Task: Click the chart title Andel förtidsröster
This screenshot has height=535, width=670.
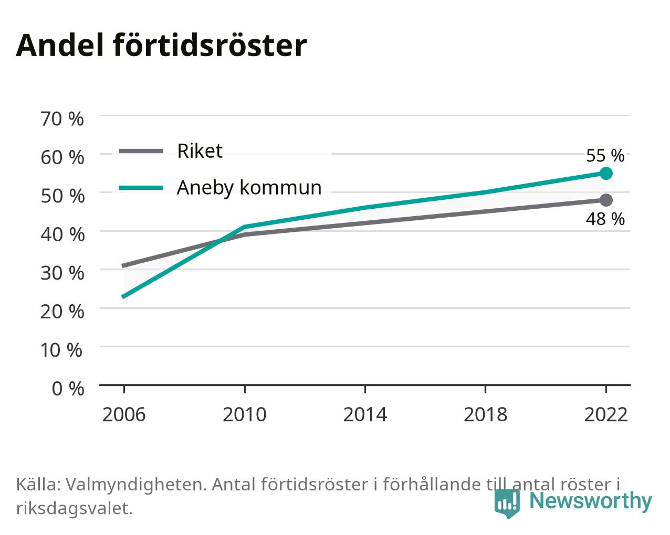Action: coord(161,46)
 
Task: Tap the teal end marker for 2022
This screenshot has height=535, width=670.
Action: coord(606,173)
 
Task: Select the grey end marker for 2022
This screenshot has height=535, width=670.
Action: coord(606,200)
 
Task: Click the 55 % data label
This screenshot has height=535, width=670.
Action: coord(605,156)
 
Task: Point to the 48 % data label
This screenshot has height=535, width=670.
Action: coord(605,219)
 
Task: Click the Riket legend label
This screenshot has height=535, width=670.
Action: coord(200,151)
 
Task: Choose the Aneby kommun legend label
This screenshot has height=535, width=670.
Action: coord(249,188)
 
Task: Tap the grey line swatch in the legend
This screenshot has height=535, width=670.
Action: coord(141,152)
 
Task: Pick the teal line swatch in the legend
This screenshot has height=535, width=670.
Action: coord(141,188)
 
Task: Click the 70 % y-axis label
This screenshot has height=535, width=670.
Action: coord(62,119)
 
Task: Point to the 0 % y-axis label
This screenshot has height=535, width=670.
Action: coord(68,389)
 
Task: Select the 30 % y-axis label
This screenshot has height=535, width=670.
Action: coord(62,273)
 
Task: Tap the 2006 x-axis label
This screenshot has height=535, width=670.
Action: coord(124,414)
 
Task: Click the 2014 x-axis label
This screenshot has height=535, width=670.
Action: coord(365,414)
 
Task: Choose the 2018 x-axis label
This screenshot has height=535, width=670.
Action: coord(485,414)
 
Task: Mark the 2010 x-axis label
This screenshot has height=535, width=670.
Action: coord(244,414)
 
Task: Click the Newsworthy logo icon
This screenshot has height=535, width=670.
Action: coord(507,503)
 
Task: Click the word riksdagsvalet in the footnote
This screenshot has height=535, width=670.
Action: coord(75,509)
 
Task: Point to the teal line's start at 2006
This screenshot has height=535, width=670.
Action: coord(124,297)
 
